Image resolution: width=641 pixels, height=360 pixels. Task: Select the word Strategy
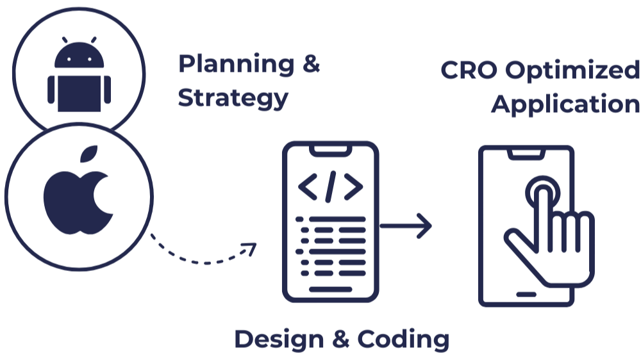click(x=233, y=99)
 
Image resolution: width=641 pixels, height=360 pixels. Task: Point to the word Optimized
click(x=572, y=70)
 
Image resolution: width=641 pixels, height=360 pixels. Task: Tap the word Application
click(x=566, y=104)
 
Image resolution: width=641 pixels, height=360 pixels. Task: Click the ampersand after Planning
click(x=310, y=65)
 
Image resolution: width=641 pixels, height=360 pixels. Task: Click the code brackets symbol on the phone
click(x=331, y=186)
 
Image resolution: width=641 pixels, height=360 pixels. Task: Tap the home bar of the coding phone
click(x=331, y=290)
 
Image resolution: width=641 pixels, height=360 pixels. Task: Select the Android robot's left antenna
click(x=65, y=40)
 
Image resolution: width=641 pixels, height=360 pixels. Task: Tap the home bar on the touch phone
click(x=526, y=294)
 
